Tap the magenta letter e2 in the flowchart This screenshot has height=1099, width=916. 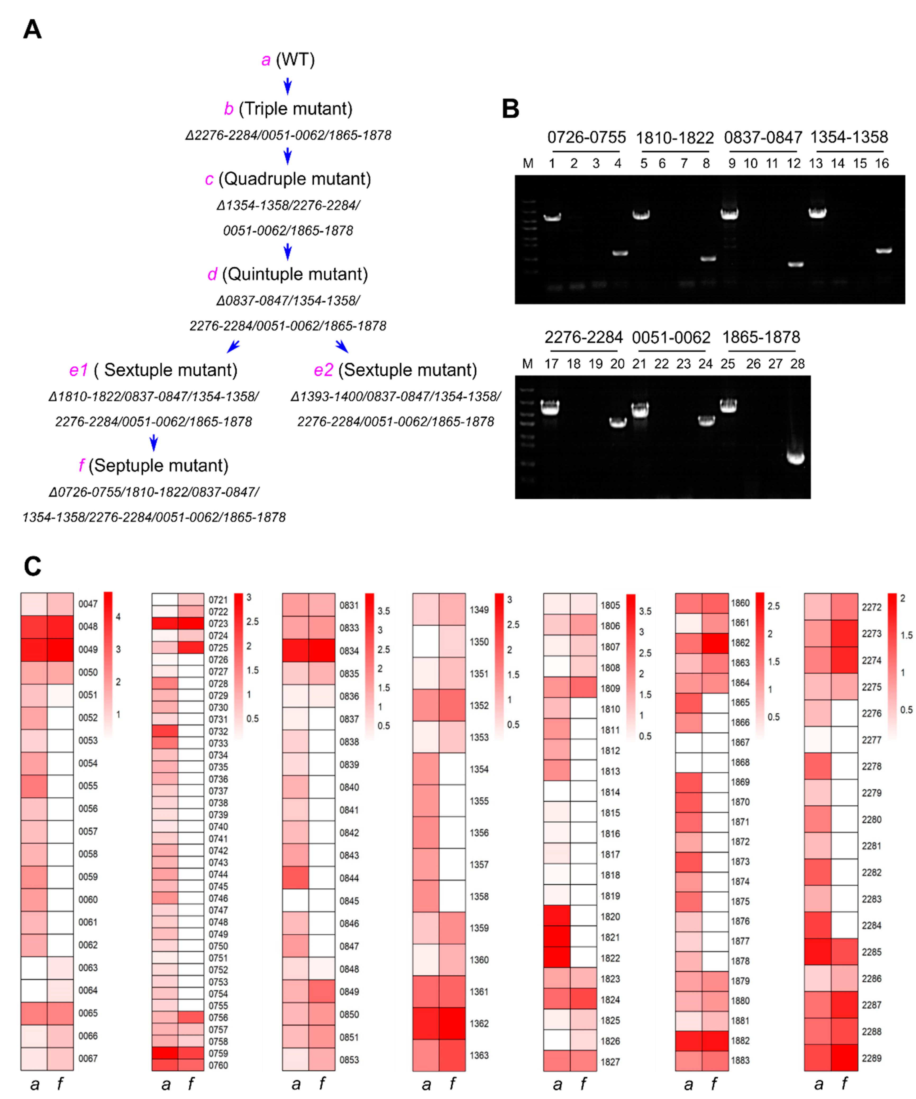pyautogui.click(x=323, y=370)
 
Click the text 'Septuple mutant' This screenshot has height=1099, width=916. pyautogui.click(x=158, y=465)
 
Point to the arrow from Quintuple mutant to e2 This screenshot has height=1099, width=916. pyautogui.click(x=342, y=346)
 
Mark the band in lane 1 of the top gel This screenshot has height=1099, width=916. pyautogui.click(x=552, y=217)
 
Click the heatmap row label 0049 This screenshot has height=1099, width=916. pyautogui.click(x=88, y=649)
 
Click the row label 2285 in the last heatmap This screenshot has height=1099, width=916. pyautogui.click(x=872, y=952)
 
